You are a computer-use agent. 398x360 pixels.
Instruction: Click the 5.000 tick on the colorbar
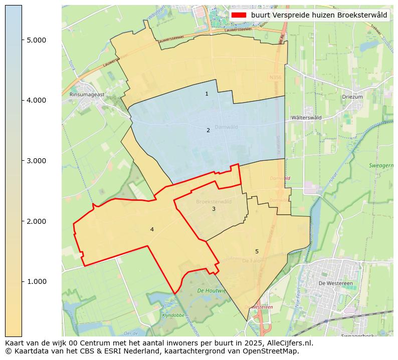click(36, 40)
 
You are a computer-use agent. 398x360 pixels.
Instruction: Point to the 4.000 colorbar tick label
click(36, 100)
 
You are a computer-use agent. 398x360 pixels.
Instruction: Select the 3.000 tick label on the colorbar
click(36, 161)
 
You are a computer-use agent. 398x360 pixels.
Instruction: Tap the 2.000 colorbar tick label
click(36, 221)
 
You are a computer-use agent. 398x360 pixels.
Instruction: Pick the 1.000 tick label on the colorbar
click(36, 281)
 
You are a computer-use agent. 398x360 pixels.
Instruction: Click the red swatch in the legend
click(239, 15)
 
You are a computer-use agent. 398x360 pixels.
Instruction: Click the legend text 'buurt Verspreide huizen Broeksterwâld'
click(319, 15)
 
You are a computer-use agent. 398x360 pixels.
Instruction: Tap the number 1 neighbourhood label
click(207, 94)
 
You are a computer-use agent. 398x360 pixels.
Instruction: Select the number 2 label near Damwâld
click(208, 130)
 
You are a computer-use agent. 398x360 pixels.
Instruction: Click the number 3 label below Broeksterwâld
click(214, 209)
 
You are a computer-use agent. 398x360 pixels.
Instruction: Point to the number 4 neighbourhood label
click(152, 229)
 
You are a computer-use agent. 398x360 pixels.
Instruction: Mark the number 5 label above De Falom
click(257, 251)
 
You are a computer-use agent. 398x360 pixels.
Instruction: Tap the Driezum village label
click(352, 97)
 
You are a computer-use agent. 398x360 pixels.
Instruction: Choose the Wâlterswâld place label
click(306, 118)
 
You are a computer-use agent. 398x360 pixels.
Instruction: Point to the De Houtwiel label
click(212, 290)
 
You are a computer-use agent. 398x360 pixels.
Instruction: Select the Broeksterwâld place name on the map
click(214, 202)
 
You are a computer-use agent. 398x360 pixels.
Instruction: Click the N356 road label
click(275, 78)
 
